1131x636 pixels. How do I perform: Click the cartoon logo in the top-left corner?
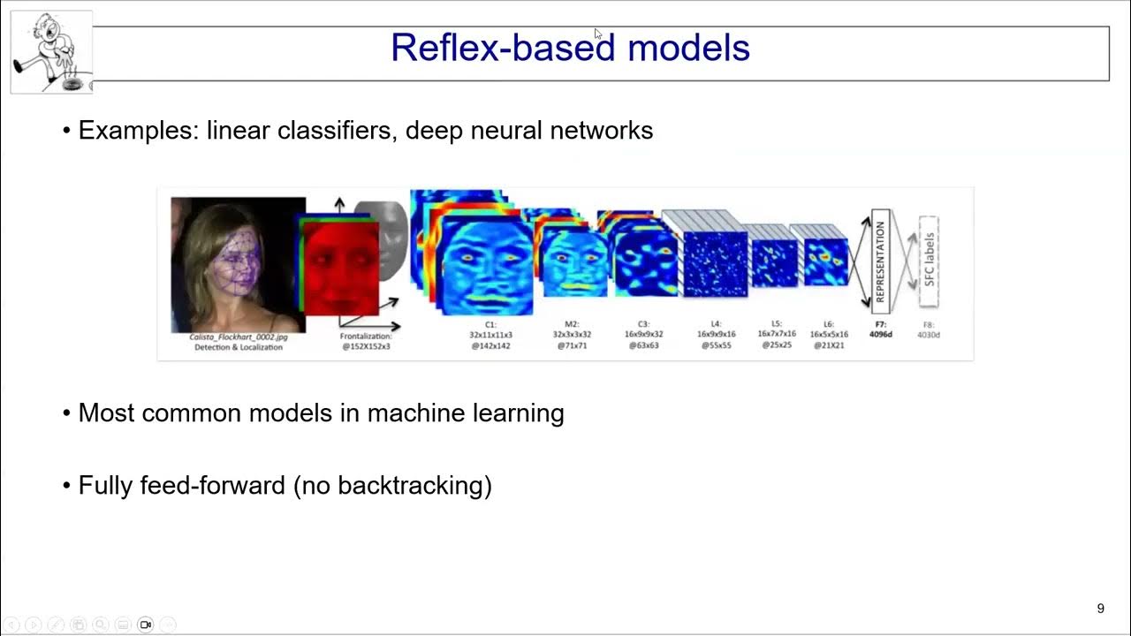coord(51,51)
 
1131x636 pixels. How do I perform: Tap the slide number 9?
coord(1100,609)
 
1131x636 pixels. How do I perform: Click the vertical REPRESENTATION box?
coord(879,261)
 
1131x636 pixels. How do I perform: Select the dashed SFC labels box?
coord(928,261)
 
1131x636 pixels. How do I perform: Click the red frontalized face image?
coord(340,268)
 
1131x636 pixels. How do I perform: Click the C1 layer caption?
coord(490,336)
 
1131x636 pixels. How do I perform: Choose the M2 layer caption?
coord(573,336)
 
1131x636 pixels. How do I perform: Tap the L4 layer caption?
coord(716,336)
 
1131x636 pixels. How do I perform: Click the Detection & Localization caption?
coord(239,347)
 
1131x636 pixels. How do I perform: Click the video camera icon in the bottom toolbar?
coord(146,625)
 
